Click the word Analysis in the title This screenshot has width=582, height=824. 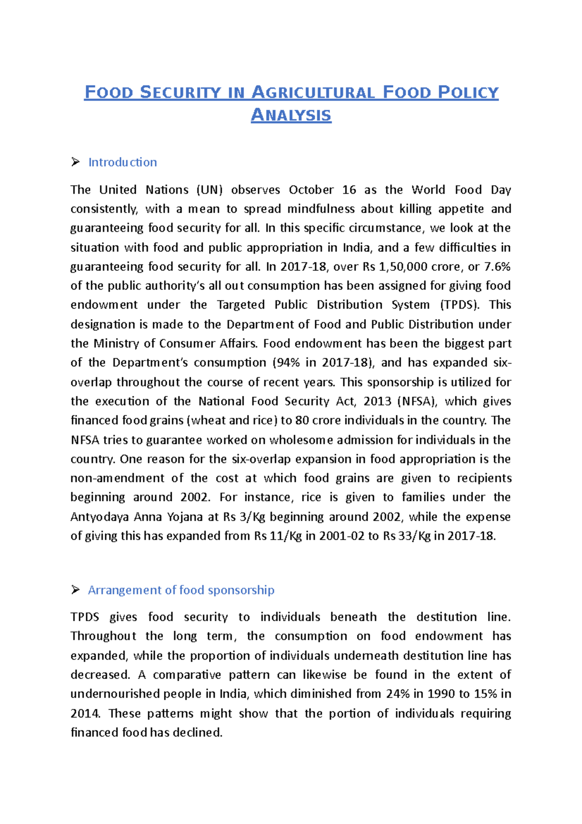[291, 115]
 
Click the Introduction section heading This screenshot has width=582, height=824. [122, 162]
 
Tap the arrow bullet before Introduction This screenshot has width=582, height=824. [75, 162]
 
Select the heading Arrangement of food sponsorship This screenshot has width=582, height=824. [181, 590]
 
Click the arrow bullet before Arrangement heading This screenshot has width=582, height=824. [75, 590]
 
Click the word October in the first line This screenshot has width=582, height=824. [311, 190]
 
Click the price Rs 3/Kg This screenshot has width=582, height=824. [244, 517]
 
